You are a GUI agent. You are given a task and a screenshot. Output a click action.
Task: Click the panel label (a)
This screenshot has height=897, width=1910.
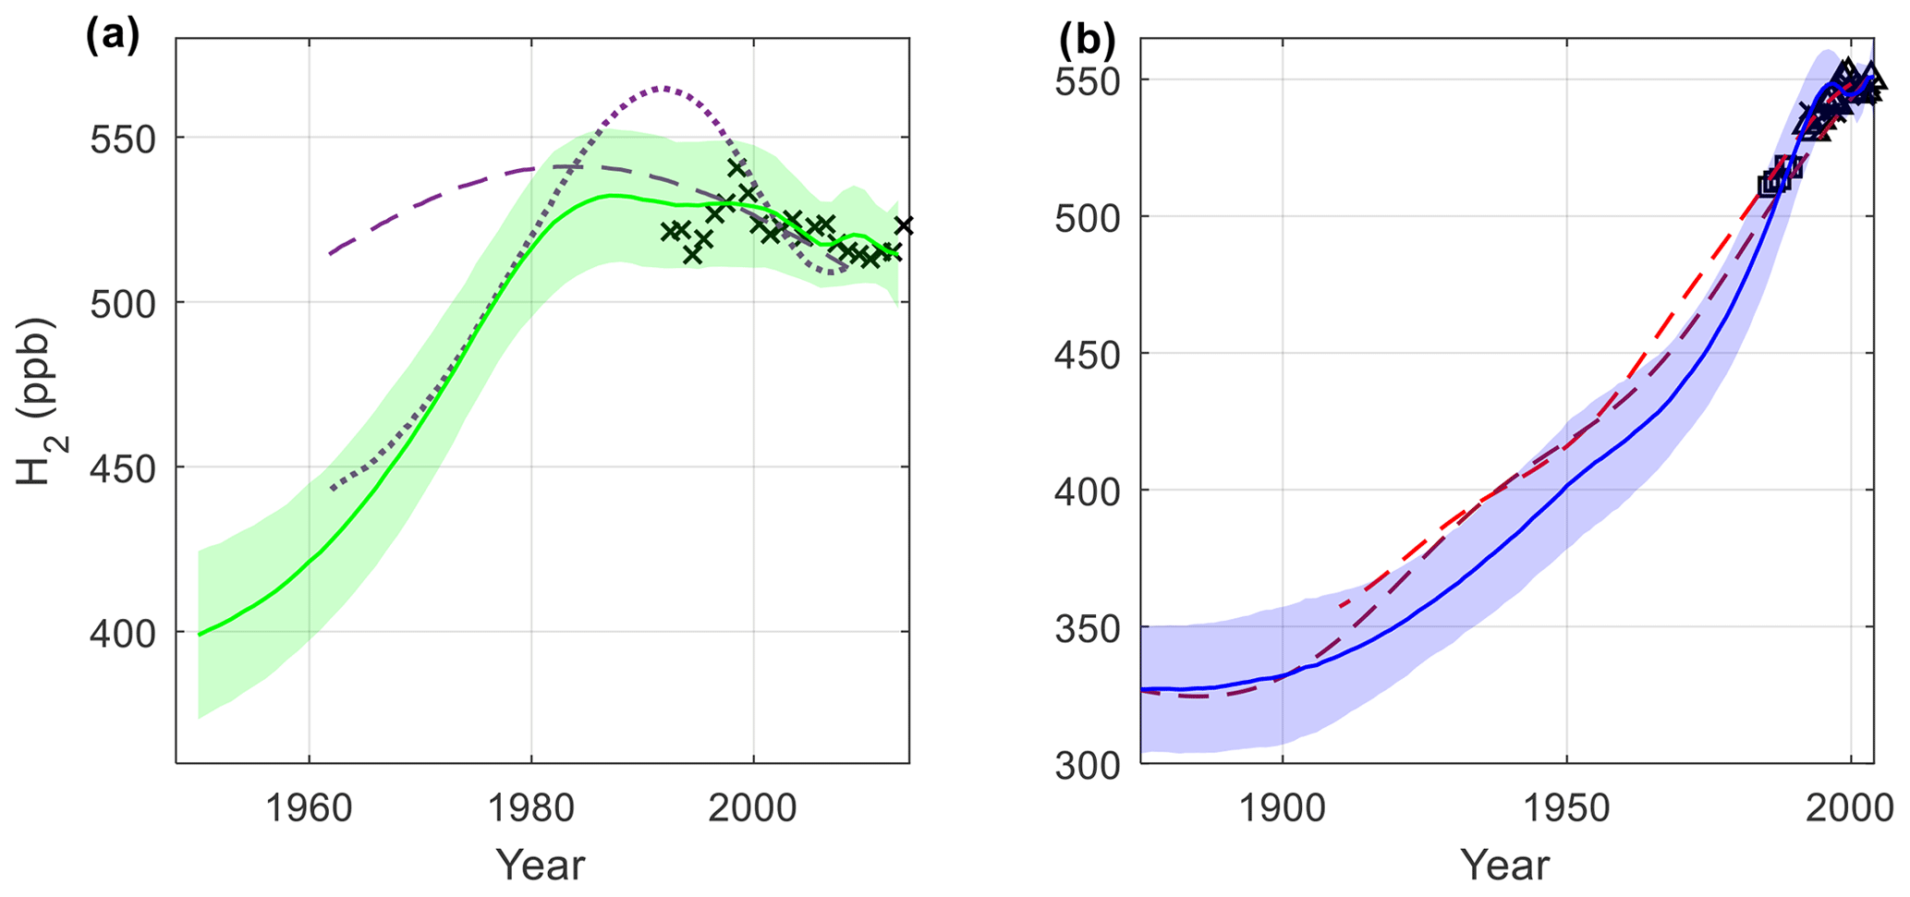112,37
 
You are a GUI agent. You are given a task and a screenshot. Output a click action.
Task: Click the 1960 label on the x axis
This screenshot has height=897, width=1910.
309,808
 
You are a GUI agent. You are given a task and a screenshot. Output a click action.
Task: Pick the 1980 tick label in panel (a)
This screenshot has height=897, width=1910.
531,808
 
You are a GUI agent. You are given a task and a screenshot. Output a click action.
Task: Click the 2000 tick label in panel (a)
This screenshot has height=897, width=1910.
753,808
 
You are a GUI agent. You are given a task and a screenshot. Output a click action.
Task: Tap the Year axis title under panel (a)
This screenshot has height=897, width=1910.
541,866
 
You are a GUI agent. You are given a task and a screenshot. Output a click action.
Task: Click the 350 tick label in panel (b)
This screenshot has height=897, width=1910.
1088,628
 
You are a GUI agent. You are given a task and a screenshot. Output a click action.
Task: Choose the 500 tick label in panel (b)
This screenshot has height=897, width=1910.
1088,218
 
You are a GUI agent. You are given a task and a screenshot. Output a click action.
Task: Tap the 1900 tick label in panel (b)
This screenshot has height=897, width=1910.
1283,808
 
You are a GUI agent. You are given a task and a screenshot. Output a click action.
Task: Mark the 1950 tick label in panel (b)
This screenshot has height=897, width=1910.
1567,808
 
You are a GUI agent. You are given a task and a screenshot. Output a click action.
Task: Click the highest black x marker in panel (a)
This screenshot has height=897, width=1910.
736,168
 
